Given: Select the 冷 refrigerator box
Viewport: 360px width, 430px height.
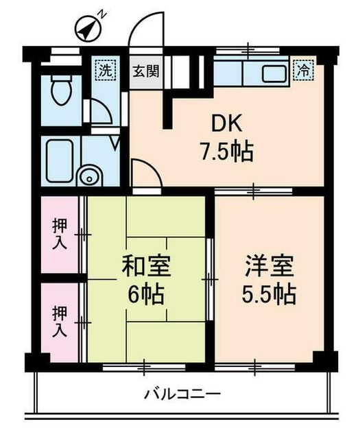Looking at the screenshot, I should (301, 69).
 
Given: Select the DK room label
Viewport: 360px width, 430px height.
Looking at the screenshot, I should (224, 124).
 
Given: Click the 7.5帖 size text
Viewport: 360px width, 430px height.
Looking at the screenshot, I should (226, 151).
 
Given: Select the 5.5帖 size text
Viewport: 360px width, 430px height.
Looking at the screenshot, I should (268, 295).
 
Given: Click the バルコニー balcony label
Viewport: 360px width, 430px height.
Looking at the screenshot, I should (182, 394).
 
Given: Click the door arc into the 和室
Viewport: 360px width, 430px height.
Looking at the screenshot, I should (144, 171).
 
